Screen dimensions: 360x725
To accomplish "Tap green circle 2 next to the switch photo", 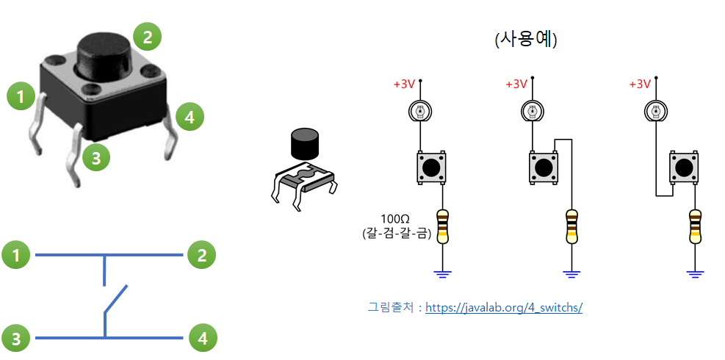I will coord(147,35).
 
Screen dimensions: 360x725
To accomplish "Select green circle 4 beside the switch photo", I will coord(189,116).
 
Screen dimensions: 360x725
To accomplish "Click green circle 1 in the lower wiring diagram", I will coord(15,256).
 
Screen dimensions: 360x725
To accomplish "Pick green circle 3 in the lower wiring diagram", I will coord(15,338).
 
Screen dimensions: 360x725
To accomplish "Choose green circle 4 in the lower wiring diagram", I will coord(203,338).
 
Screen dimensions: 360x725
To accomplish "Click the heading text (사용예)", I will coord(526,39).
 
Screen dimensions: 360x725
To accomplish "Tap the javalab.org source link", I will coord(504,307).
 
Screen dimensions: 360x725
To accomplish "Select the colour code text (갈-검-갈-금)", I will coord(396,233).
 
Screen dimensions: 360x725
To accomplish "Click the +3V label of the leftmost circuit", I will coord(404,84).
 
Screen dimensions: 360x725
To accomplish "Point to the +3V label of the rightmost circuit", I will coord(640,84).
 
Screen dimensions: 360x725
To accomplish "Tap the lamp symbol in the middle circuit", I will coord(532,112).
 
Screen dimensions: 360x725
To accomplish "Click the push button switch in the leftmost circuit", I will coord(431,168).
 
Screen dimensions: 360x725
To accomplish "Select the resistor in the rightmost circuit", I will coord(694,226).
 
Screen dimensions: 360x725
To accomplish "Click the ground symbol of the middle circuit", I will coord(571,274).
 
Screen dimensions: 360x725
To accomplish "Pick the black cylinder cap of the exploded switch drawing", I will coord(305,144).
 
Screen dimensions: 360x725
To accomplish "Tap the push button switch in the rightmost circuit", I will coord(684,168).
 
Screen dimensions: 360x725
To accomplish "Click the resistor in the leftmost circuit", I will coord(442,226).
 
